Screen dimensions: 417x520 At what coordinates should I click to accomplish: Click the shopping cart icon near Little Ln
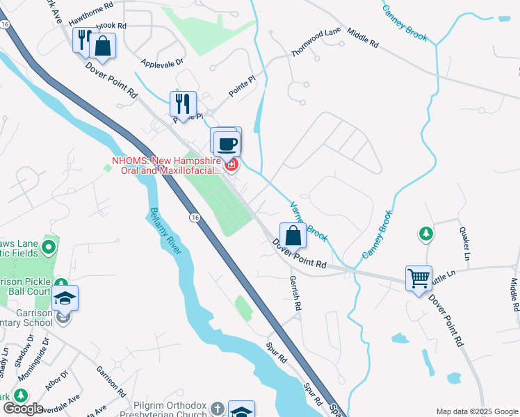coord(419,279)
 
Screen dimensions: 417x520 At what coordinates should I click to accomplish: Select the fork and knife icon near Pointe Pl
coord(183,104)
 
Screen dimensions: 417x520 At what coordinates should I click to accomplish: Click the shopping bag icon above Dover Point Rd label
coord(293,235)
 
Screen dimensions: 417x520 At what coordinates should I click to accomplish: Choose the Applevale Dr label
coord(161,63)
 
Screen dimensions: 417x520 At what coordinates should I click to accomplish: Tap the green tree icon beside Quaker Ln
coord(425,234)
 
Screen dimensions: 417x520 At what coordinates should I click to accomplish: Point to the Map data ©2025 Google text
coord(476,411)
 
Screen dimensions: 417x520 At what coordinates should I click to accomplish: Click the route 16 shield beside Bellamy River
coord(195,218)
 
